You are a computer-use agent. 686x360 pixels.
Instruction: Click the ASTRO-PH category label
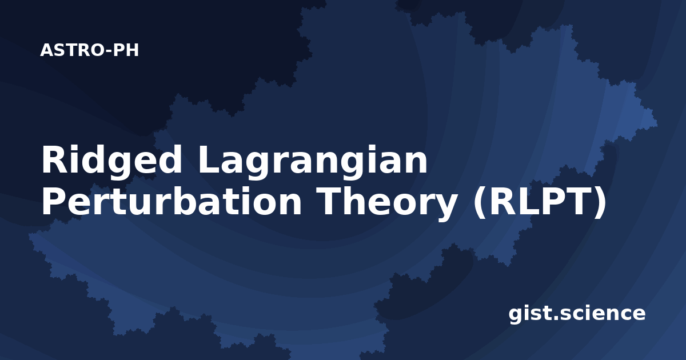coord(89,50)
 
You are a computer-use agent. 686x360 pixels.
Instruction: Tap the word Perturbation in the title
coord(171,201)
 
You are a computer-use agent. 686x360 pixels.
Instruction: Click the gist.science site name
coord(577,314)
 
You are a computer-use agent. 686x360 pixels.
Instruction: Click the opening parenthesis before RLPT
coord(480,202)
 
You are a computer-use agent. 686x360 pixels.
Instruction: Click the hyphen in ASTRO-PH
coord(109,51)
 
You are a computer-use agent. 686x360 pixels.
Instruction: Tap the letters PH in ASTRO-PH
coord(126,50)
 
